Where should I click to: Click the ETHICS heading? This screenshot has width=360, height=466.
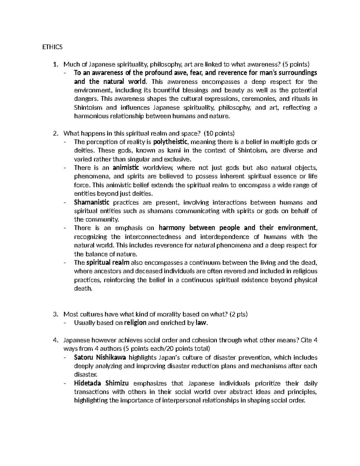point(52,47)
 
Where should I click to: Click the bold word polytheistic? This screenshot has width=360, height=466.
point(171,142)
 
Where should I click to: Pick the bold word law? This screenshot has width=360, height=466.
point(201,323)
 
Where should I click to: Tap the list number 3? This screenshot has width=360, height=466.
point(55,314)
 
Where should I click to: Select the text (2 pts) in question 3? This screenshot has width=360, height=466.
point(239,314)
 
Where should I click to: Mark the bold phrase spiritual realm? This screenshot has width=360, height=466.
point(108,263)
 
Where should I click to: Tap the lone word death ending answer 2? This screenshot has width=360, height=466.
point(83,289)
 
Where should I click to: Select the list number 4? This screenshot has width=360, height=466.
point(55,340)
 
